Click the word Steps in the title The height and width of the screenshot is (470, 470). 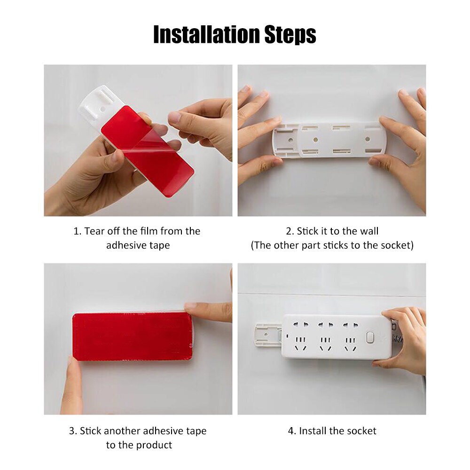tap(289, 34)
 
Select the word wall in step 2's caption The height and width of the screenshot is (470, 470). tap(368, 231)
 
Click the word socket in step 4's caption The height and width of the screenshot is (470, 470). tap(361, 431)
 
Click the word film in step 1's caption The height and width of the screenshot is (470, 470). tap(149, 231)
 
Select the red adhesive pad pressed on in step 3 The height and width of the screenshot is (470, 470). tap(132, 337)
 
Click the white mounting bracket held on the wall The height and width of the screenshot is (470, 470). tap(329, 140)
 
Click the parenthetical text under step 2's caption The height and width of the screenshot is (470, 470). tap(332, 245)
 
